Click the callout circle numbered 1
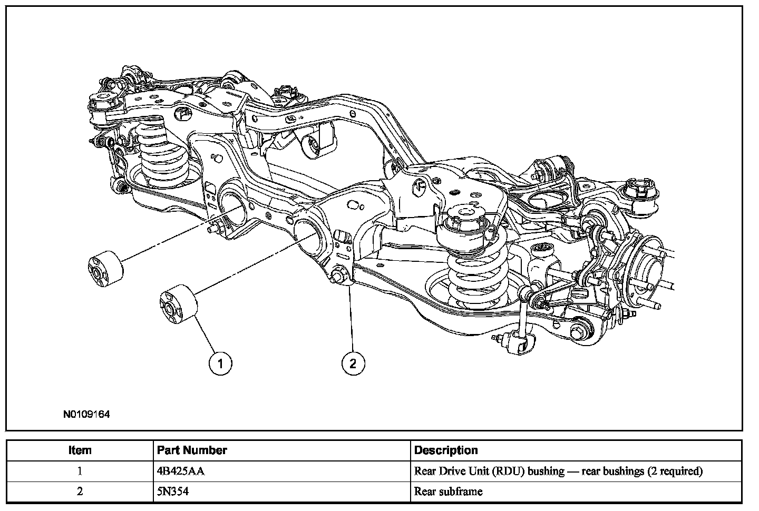pyautogui.click(x=220, y=363)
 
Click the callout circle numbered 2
pyautogui.click(x=353, y=363)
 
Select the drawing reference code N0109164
pyautogui.click(x=86, y=415)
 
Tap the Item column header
pyautogui.click(x=80, y=450)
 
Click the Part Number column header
pyautogui.click(x=192, y=450)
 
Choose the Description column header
pyautogui.click(x=446, y=450)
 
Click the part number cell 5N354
pyautogui.click(x=173, y=492)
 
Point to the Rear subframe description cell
pyautogui.click(x=448, y=492)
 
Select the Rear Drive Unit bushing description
pyautogui.click(x=558, y=471)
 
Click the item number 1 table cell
pyautogui.click(x=80, y=471)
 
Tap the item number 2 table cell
pyautogui.click(x=80, y=492)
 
